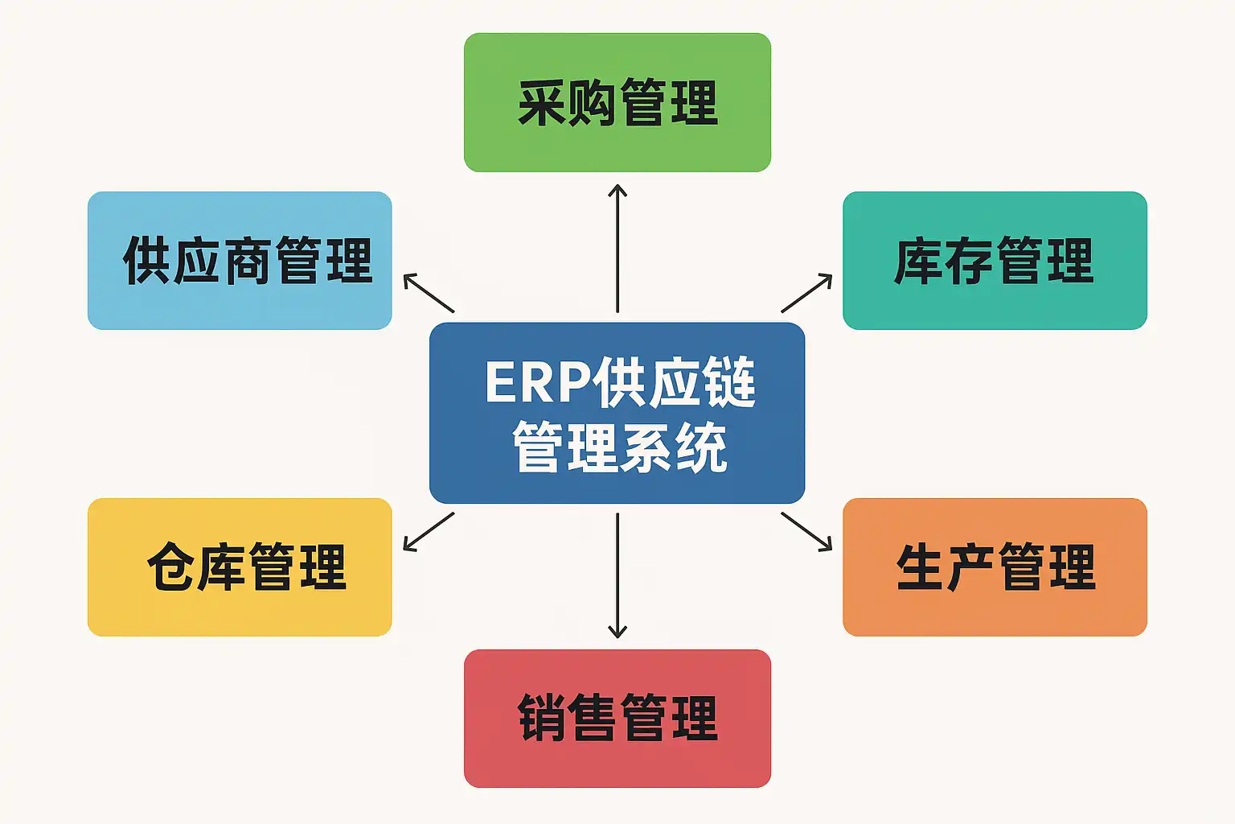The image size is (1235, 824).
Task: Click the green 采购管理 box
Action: tap(617, 102)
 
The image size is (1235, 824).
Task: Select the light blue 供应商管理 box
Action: tap(240, 260)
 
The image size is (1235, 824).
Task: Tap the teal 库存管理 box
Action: tap(995, 260)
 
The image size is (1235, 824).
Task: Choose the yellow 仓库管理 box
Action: tap(240, 566)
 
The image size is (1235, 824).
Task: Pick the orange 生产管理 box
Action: tap(995, 566)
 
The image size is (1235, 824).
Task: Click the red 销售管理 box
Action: tap(617, 718)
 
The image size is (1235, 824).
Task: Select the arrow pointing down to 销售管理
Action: tap(617, 575)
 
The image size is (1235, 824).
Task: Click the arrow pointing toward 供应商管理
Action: tap(429, 293)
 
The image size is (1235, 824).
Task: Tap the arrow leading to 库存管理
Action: tap(806, 293)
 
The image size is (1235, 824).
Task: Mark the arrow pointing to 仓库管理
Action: tap(429, 532)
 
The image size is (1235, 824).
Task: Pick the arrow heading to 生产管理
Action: tap(806, 532)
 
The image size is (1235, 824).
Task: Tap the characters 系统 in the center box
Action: tap(674, 447)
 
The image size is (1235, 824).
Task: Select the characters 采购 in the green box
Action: tap(567, 103)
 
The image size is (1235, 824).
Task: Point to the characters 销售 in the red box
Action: tap(567, 718)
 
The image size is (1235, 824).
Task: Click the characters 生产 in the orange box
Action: tap(946, 567)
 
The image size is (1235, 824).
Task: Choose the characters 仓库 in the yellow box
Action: tap(196, 567)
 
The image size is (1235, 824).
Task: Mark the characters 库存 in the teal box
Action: tap(944, 261)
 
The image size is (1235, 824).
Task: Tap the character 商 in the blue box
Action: tap(248, 261)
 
